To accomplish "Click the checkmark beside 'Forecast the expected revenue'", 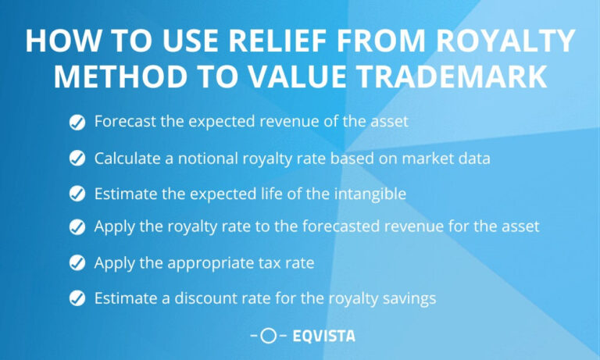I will click(77, 122).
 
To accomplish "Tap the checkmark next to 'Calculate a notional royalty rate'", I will click(77, 159).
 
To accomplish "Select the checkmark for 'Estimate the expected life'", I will click(77, 194).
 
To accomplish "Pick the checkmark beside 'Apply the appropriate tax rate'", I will click(77, 263).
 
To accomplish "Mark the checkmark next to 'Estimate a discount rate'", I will click(77, 298).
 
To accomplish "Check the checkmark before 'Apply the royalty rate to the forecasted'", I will click(77, 227).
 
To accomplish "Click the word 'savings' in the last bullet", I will click(406, 298).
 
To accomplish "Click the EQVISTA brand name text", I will click(323, 337).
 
